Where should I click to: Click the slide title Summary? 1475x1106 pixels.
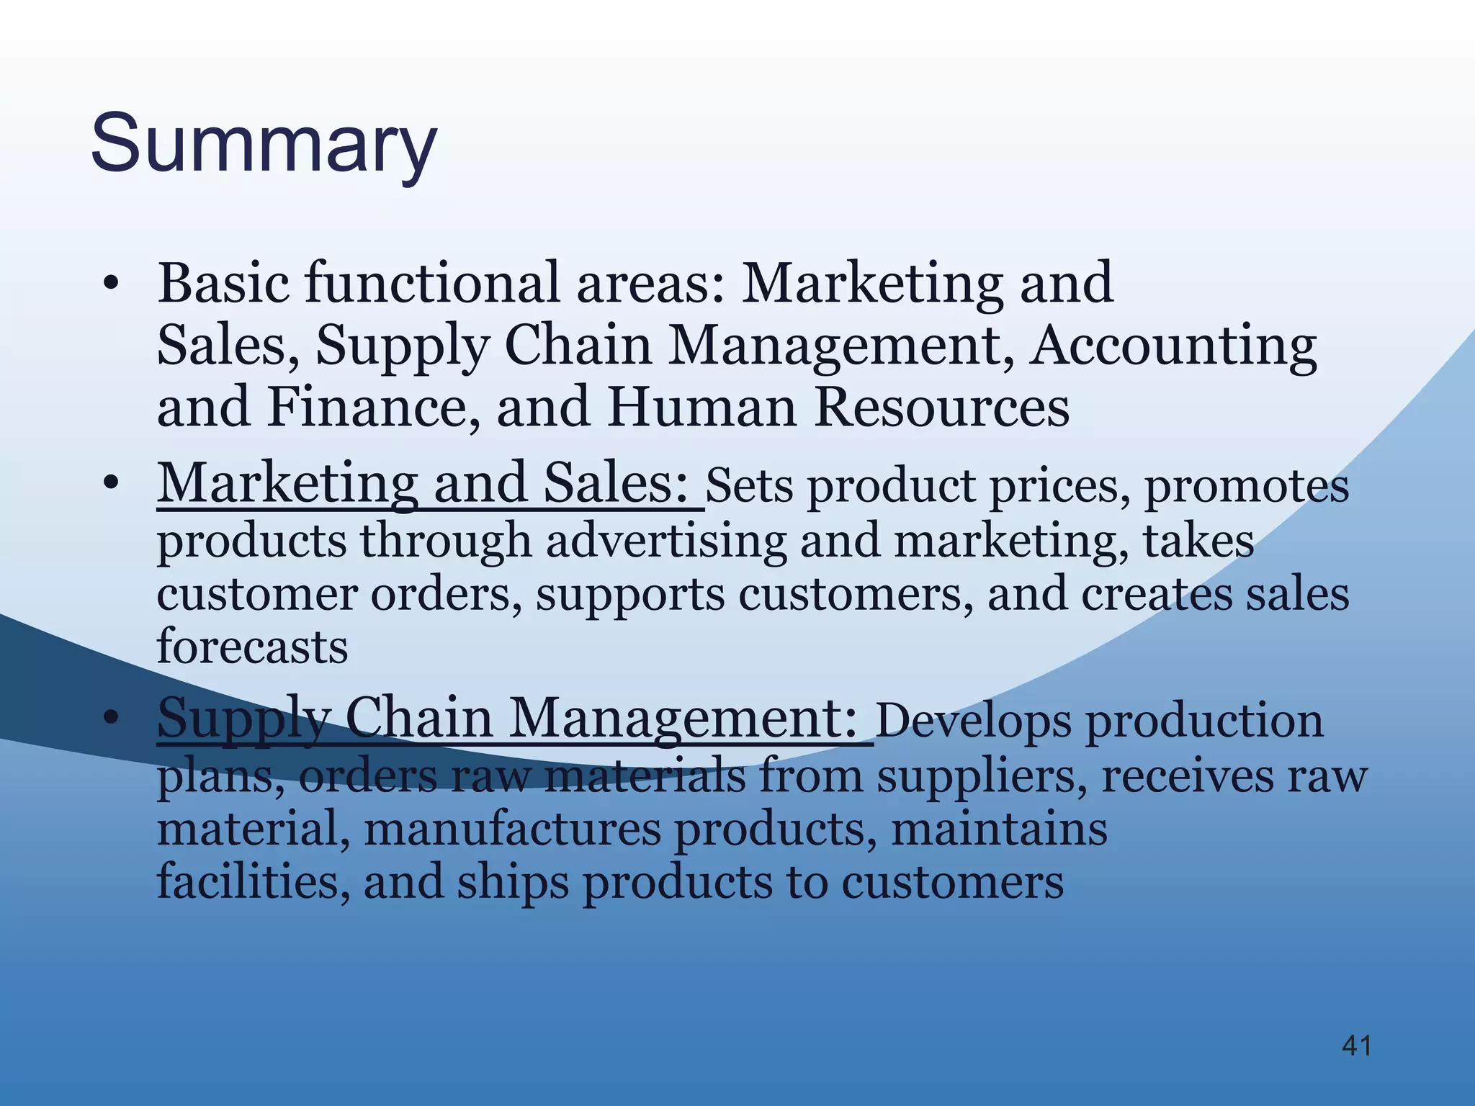[x=264, y=145]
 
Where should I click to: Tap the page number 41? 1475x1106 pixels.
[x=1357, y=1046]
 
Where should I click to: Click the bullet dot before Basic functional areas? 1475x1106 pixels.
[x=109, y=284]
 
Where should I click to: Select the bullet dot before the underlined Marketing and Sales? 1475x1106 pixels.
[x=109, y=483]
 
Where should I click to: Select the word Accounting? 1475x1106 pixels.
[x=1173, y=346]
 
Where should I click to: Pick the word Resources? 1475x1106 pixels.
[x=942, y=407]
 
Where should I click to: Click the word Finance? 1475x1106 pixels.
[x=373, y=407]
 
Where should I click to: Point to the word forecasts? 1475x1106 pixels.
[x=252, y=646]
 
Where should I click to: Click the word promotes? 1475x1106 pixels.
[x=1247, y=486]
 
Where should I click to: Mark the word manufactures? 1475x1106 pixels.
[x=512, y=829]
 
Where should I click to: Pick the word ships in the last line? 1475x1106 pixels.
[x=512, y=883]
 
